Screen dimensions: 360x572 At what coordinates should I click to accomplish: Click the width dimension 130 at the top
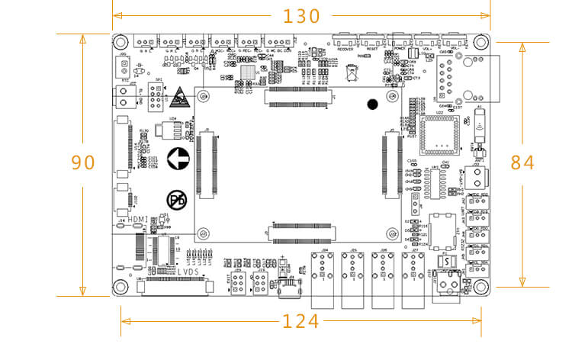pos(301,16)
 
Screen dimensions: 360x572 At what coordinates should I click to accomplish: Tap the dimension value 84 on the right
pos(522,162)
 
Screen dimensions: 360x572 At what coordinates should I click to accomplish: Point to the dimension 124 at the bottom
pos(300,321)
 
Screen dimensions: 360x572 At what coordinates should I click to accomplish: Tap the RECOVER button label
pos(346,47)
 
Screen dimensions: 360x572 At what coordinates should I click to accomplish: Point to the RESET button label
pos(372,47)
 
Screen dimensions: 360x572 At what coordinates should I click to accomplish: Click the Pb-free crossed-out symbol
pos(177,200)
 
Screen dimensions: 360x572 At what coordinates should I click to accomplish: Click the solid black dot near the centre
pos(372,104)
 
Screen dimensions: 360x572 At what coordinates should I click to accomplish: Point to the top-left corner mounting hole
pos(121,41)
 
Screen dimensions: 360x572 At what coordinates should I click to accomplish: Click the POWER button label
pos(399,47)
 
